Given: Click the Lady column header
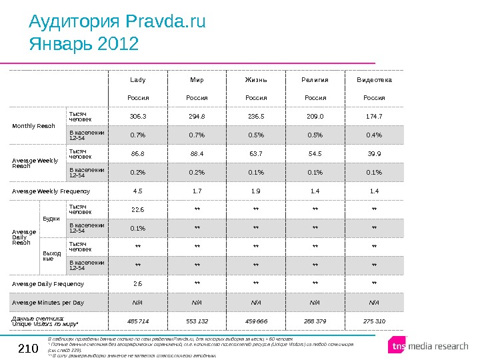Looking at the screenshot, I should click(138, 80).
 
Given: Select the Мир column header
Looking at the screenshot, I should click(197, 80).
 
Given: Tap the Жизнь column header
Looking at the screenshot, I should click(256, 80).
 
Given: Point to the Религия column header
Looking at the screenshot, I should click(315, 80).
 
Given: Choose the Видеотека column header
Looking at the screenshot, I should click(374, 80).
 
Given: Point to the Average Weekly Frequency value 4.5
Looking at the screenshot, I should click(138, 191).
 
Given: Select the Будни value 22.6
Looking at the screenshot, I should click(138, 209).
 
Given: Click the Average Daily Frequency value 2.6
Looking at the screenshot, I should click(138, 283).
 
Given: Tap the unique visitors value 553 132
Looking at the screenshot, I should click(197, 321).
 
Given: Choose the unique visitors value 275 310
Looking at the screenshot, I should click(374, 321).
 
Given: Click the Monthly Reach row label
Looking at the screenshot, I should click(34, 125).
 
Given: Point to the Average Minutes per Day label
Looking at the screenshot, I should click(49, 302).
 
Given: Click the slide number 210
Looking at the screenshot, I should click(28, 347).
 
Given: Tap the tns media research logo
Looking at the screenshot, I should click(429, 346).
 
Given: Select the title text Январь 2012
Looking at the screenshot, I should click(84, 45).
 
